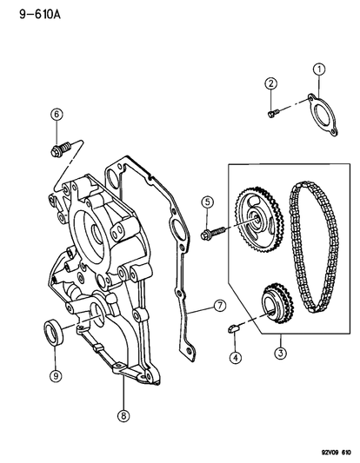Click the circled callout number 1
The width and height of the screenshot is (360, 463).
click(x=319, y=69)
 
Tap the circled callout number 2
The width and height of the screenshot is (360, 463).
click(x=270, y=83)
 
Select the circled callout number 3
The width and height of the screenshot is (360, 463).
click(x=280, y=353)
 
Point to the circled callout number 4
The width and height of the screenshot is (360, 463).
click(x=236, y=358)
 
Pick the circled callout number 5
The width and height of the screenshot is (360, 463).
click(x=207, y=202)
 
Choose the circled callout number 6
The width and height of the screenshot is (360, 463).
click(x=57, y=115)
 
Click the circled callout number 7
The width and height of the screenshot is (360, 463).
click(x=220, y=306)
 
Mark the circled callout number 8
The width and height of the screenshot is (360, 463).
click(x=123, y=416)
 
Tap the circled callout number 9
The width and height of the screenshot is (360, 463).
click(x=56, y=375)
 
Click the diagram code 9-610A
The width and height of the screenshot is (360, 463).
click(x=40, y=14)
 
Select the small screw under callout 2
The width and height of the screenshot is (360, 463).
click(x=274, y=113)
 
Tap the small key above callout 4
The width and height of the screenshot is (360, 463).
click(x=234, y=327)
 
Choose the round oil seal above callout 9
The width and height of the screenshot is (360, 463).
click(x=54, y=333)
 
